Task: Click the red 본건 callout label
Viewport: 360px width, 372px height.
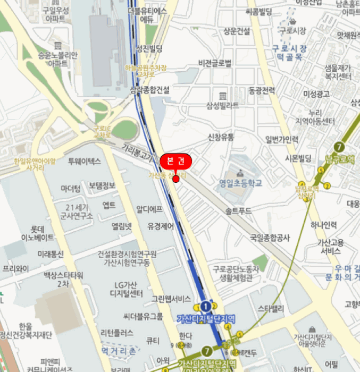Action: (175, 160)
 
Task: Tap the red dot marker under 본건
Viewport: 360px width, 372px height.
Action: (176, 179)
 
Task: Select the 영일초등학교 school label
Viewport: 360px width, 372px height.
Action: (240, 183)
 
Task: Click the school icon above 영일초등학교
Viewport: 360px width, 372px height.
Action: (240, 173)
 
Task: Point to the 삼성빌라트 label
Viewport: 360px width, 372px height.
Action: (223, 105)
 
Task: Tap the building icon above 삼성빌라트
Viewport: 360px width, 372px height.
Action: (222, 96)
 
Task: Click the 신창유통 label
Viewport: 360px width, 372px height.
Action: (221, 137)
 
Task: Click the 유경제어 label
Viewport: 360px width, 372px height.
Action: (161, 226)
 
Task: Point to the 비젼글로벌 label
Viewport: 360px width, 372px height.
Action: (215, 63)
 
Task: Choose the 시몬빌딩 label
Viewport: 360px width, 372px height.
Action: (298, 158)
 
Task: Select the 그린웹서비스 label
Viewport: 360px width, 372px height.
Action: (171, 298)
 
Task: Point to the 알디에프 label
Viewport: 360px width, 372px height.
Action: (149, 209)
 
